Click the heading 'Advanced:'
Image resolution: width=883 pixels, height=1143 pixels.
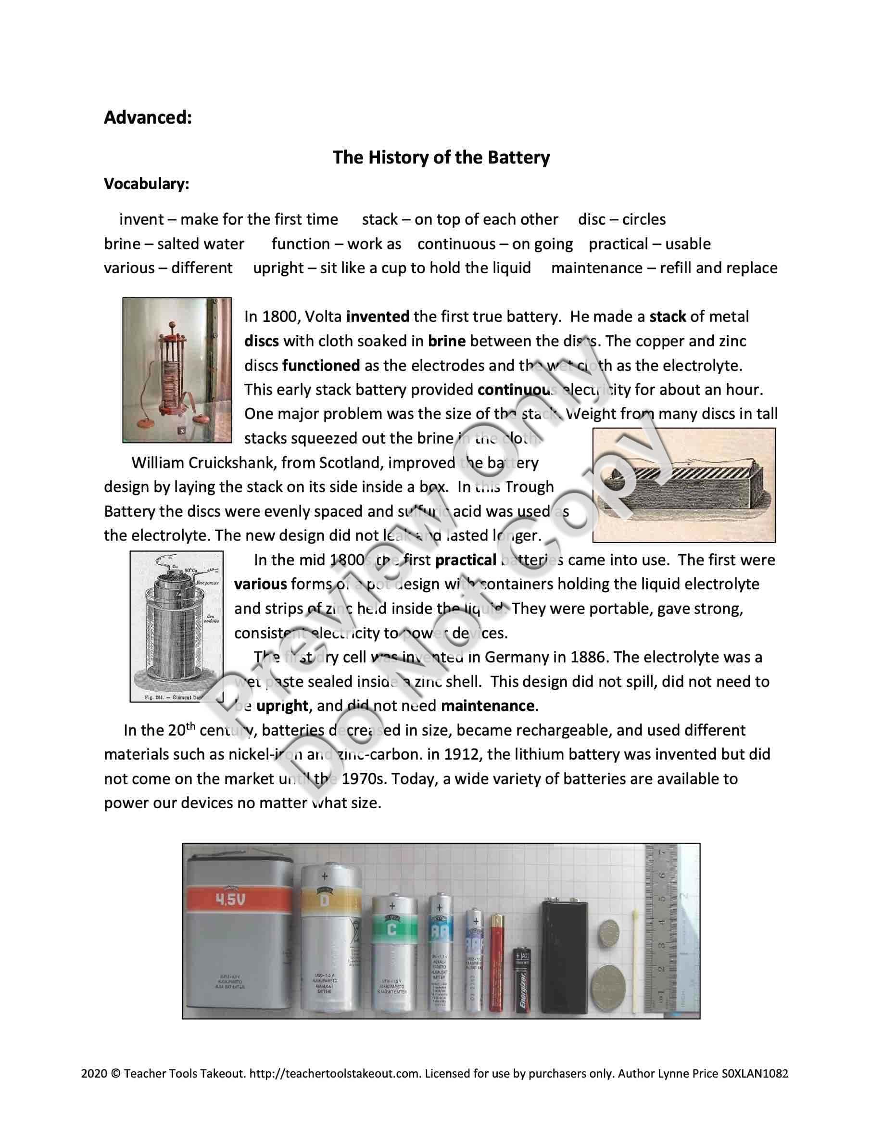148,117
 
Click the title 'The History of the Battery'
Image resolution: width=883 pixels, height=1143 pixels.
441,157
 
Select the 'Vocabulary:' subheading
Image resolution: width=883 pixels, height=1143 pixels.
147,184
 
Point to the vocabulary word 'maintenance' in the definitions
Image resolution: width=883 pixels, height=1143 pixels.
596,268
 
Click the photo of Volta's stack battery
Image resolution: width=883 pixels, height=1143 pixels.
177,370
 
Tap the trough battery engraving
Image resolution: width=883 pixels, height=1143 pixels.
684,485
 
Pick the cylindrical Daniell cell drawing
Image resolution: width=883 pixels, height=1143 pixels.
177,626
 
